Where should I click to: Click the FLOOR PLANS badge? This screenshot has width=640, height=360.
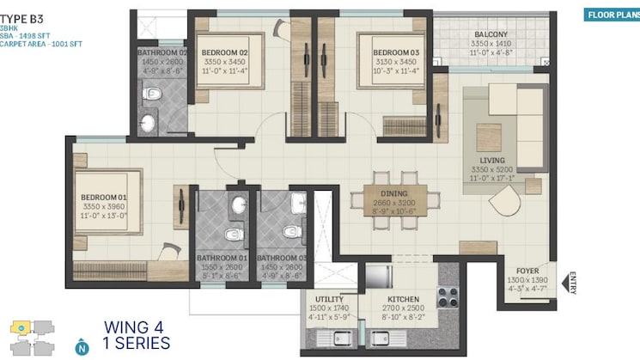(x=608, y=15)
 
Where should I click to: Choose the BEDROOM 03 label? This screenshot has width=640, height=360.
(x=395, y=53)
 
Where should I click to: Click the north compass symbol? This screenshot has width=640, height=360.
(x=82, y=347)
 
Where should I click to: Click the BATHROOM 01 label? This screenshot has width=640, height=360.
(x=222, y=258)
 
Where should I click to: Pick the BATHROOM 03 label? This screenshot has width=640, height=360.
(x=282, y=258)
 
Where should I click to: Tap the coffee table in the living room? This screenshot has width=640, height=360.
(x=489, y=135)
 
